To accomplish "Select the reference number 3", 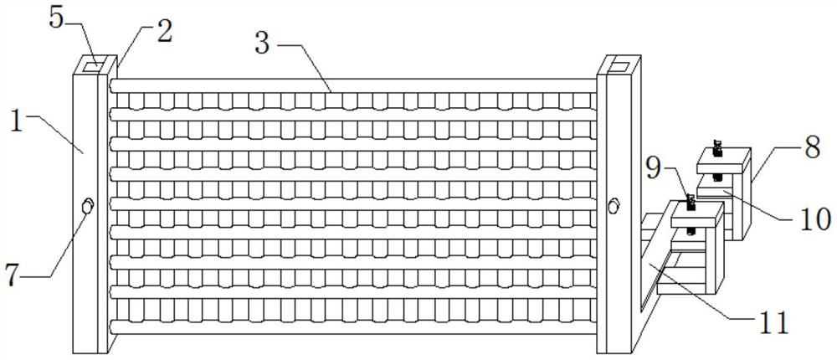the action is click(262, 43).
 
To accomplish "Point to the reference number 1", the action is click(16, 119).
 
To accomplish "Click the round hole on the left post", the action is click(86, 205).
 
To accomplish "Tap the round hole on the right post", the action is click(614, 204).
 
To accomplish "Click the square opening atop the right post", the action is click(620, 64).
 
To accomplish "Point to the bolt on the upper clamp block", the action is click(717, 149).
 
